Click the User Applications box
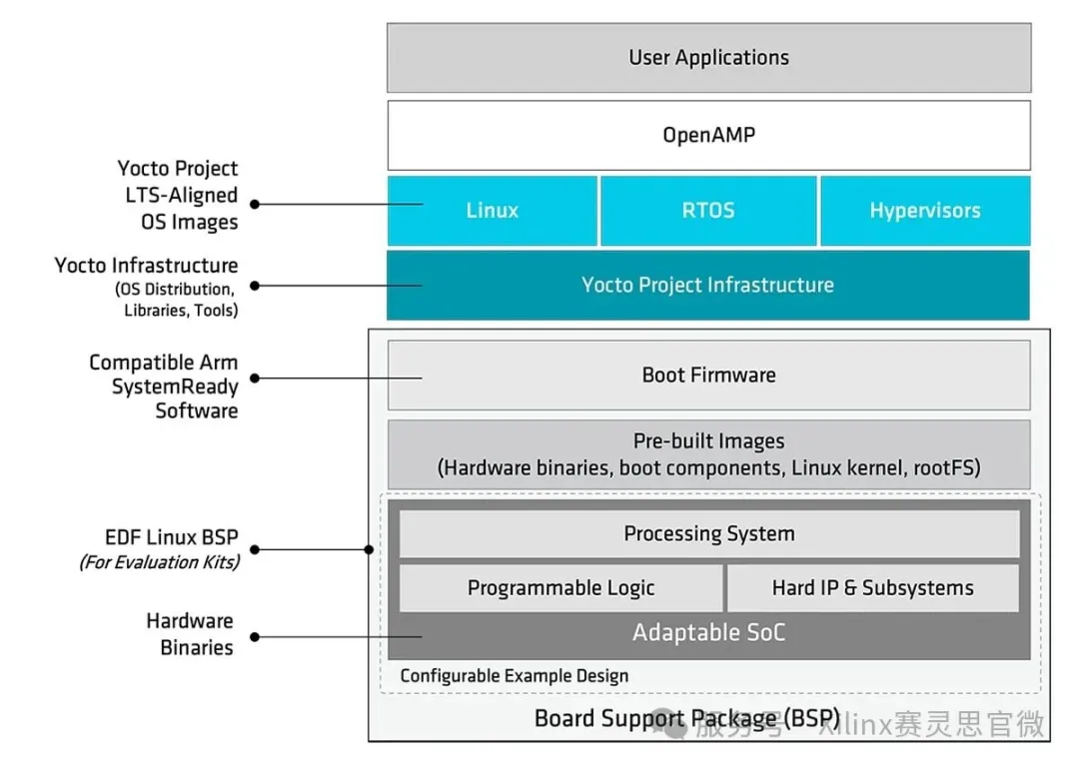coord(708,58)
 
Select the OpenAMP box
coord(708,135)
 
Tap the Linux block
coord(493,211)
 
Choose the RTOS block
coord(708,211)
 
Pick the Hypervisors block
coord(924,211)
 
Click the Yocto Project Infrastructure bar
coord(708,286)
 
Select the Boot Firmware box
coord(708,376)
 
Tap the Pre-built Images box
coord(708,454)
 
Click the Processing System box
coord(708,534)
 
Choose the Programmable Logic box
coord(560,588)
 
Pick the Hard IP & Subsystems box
coord(872,588)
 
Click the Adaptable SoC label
coord(708,633)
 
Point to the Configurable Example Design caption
coord(515,676)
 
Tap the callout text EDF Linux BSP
coord(172,537)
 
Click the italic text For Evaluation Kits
coord(160,562)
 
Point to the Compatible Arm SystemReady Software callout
coord(164,386)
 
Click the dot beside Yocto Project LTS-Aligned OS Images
coord(255,204)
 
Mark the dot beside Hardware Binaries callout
coord(255,636)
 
